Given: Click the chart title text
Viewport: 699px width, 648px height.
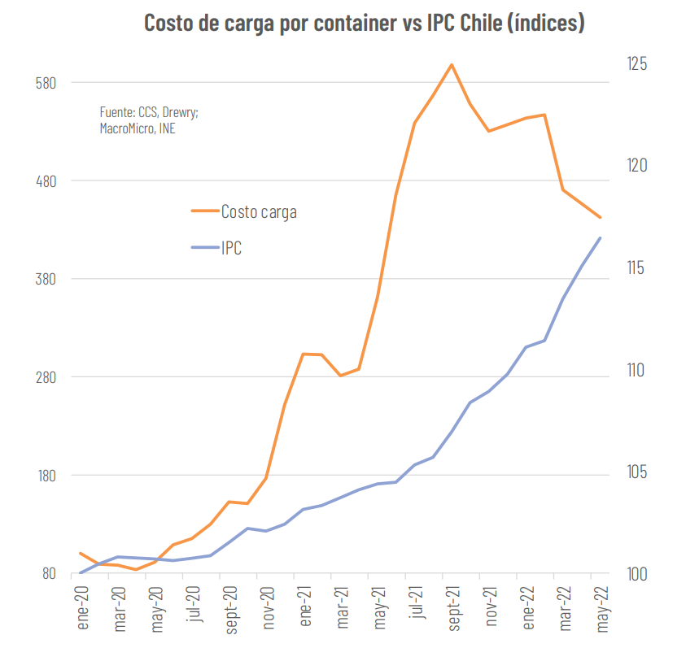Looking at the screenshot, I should coord(364,23).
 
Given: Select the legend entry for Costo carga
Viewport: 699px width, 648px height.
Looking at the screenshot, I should coord(258,212).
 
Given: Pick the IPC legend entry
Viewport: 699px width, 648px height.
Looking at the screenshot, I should coord(231,248).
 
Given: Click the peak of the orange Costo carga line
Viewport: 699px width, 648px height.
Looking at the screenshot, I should coord(451,65).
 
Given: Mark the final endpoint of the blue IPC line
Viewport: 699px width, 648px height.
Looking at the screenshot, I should coord(601,237).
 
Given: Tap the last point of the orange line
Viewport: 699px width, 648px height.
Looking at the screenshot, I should coord(601,218).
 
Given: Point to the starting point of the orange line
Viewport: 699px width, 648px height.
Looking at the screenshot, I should coord(80,553).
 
